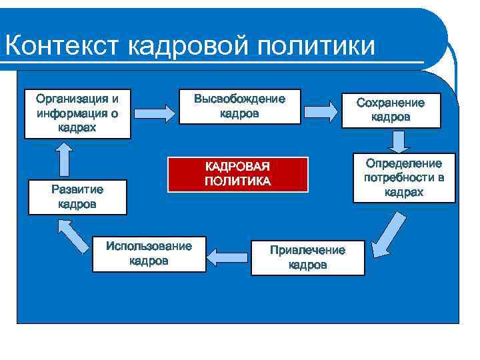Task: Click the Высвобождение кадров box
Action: [239, 107]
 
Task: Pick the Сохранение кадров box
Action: [391, 110]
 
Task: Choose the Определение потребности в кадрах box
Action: [403, 178]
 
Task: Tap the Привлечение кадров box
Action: [307, 257]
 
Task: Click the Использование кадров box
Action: [149, 253]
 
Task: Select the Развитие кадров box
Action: [77, 197]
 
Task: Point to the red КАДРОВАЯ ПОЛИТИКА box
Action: [238, 174]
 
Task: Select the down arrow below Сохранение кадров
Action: [398, 142]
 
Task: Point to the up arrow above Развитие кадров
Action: [63, 158]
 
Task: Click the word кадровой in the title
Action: [183, 46]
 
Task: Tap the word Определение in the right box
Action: [403, 164]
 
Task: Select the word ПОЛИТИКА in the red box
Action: [238, 181]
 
